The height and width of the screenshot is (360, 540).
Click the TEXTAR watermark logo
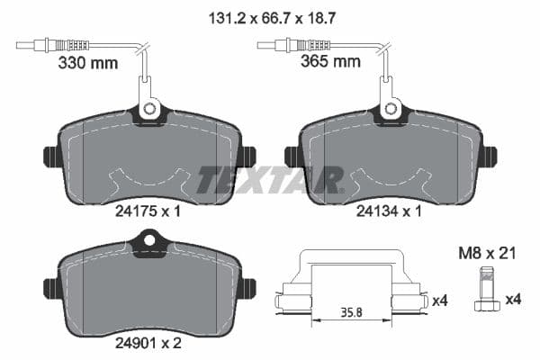click(270, 179)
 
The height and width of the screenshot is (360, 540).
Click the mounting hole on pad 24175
click(148, 111)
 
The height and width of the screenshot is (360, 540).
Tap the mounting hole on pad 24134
click(391, 110)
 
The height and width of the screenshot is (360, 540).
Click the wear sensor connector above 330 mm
click(63, 44)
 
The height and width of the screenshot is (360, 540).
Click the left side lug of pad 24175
click(49, 157)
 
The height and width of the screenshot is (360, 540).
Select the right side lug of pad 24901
click(249, 288)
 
